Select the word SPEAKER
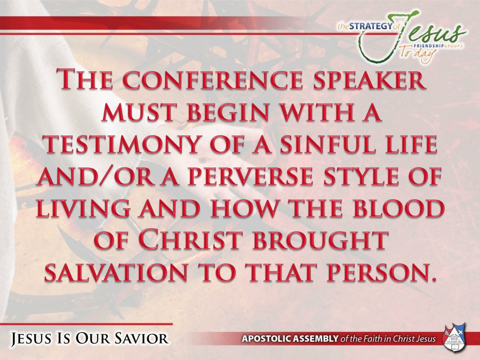[x=369, y=80]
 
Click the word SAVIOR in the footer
[x=142, y=338]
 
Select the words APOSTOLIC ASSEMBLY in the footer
[x=290, y=339]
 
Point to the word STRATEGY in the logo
[x=370, y=26]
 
